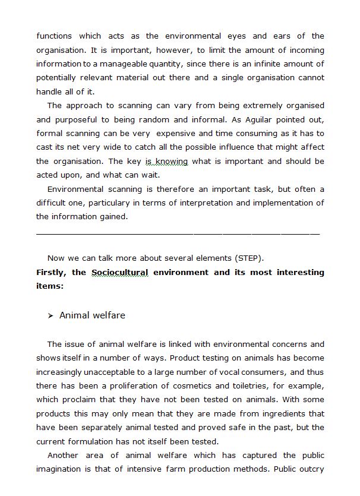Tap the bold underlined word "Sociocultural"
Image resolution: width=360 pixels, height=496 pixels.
coord(119,272)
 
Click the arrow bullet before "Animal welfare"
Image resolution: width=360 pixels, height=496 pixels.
coord(51,315)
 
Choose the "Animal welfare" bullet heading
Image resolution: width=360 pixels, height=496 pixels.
coord(92,315)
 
